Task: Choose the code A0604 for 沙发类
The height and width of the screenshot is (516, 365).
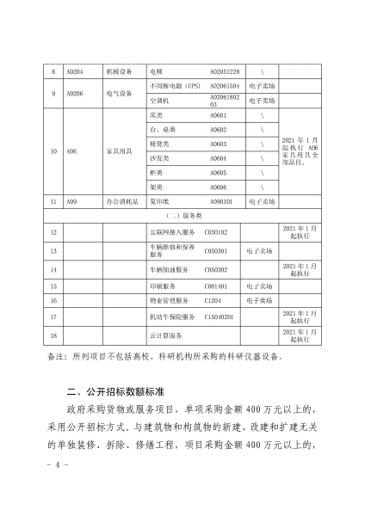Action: [219, 158]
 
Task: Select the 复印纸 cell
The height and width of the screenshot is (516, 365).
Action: [158, 201]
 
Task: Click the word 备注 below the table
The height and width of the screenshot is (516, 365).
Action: [53, 354]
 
